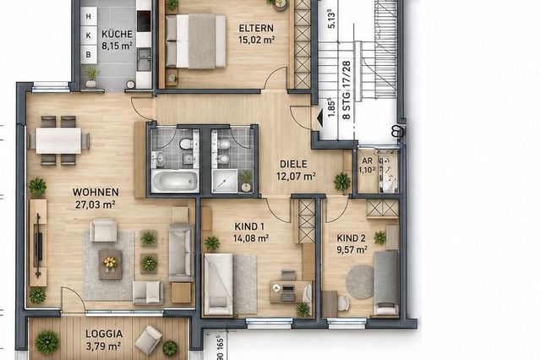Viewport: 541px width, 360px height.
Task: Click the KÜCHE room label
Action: coord(117,34)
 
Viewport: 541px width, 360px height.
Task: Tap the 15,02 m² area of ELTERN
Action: coord(256,40)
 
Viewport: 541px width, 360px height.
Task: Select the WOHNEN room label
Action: coord(96,192)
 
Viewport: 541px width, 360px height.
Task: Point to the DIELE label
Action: coord(293,164)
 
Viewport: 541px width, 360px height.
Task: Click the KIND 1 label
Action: coord(249,226)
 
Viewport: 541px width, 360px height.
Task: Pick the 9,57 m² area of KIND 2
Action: coord(352,249)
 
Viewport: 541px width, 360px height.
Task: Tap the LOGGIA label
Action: coord(104,334)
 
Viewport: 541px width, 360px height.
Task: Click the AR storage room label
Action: coord(367,161)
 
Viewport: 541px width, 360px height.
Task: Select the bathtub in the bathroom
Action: coord(175,180)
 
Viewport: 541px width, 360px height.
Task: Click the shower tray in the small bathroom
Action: coord(225,180)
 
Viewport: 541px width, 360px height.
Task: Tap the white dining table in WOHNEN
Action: coord(58,140)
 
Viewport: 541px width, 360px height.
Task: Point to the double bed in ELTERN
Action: coord(195,41)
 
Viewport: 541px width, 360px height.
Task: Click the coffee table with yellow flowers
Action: coord(111,265)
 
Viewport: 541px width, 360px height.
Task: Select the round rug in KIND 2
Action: coord(360,281)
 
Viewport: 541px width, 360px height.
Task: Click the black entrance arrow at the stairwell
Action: coord(320,117)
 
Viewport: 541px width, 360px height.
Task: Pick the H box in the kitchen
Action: coord(89,16)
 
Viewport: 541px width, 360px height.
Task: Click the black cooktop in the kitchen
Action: coord(144,21)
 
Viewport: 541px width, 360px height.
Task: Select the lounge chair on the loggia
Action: coord(149,340)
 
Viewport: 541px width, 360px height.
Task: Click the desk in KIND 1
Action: coord(291,292)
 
